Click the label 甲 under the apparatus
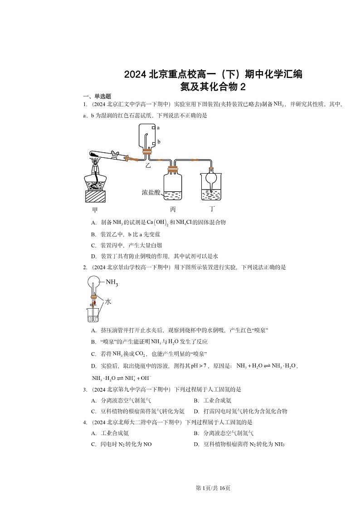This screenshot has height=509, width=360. (95, 210)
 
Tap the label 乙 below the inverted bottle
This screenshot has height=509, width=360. (148, 166)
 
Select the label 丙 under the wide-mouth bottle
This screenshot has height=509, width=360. (173, 210)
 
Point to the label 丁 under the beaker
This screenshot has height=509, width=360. (212, 209)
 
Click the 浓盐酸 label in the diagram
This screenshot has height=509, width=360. (151, 192)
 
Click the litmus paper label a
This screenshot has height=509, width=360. (158, 128)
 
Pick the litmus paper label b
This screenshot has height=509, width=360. (159, 142)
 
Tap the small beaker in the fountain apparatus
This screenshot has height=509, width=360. (94, 314)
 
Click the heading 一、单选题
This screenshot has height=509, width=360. (94, 96)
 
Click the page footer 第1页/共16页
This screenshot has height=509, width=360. (213, 488)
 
